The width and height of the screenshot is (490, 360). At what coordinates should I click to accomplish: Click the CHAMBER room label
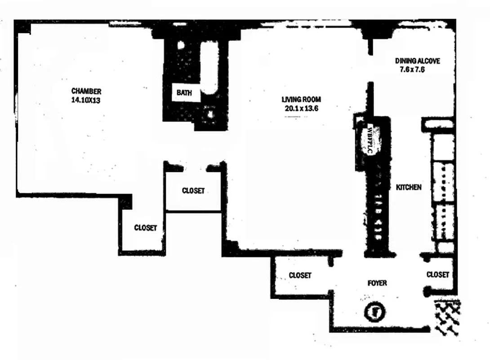click(x=86, y=91)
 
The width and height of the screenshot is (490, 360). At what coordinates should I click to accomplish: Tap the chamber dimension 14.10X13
click(x=85, y=100)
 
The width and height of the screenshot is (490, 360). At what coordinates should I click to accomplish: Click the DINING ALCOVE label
click(x=417, y=61)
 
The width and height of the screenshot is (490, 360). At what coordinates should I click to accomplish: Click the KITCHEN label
click(x=409, y=187)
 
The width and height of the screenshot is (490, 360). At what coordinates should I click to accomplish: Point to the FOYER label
click(x=377, y=283)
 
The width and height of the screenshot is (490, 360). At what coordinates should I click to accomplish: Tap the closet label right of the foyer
click(x=437, y=274)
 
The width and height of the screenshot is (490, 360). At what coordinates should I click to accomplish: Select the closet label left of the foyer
click(x=300, y=275)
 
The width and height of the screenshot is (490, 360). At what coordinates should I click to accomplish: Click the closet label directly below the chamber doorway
click(x=193, y=191)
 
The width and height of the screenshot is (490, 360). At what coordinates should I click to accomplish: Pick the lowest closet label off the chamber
click(x=146, y=228)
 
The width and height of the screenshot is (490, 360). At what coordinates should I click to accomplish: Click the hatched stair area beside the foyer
click(x=446, y=318)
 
